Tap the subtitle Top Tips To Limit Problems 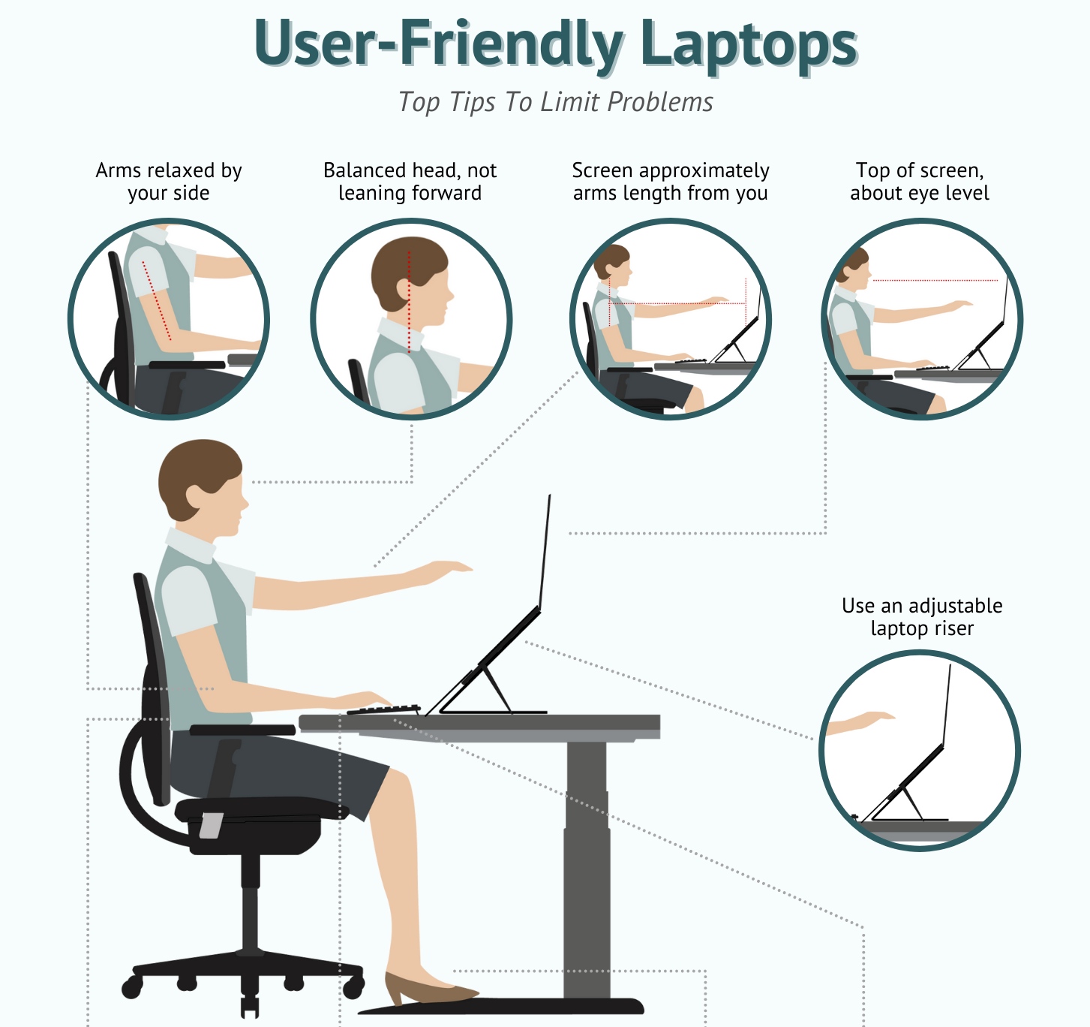[x=555, y=101]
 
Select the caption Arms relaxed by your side [x=169, y=182]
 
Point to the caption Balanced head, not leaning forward [x=410, y=182]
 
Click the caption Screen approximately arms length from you [x=670, y=182]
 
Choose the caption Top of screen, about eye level [x=920, y=182]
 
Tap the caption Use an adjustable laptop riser [x=922, y=616]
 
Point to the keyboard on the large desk [x=383, y=709]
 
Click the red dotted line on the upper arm [x=157, y=300]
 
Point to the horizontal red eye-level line [x=935, y=280]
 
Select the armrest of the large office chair [x=242, y=730]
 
